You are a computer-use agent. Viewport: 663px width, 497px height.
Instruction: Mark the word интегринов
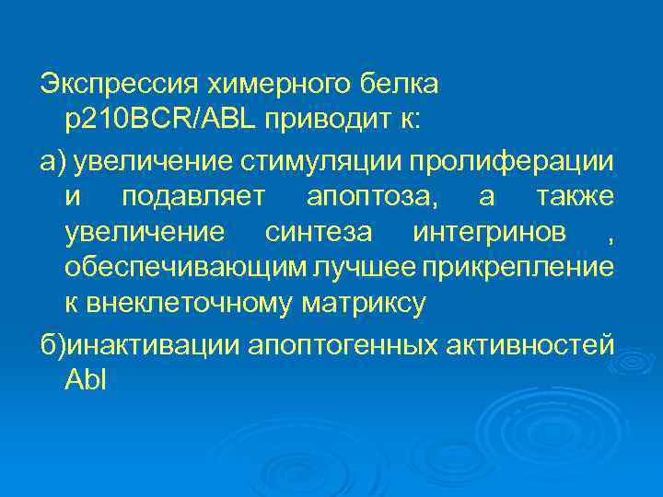490,233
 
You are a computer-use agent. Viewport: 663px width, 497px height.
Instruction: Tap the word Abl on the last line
87,379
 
